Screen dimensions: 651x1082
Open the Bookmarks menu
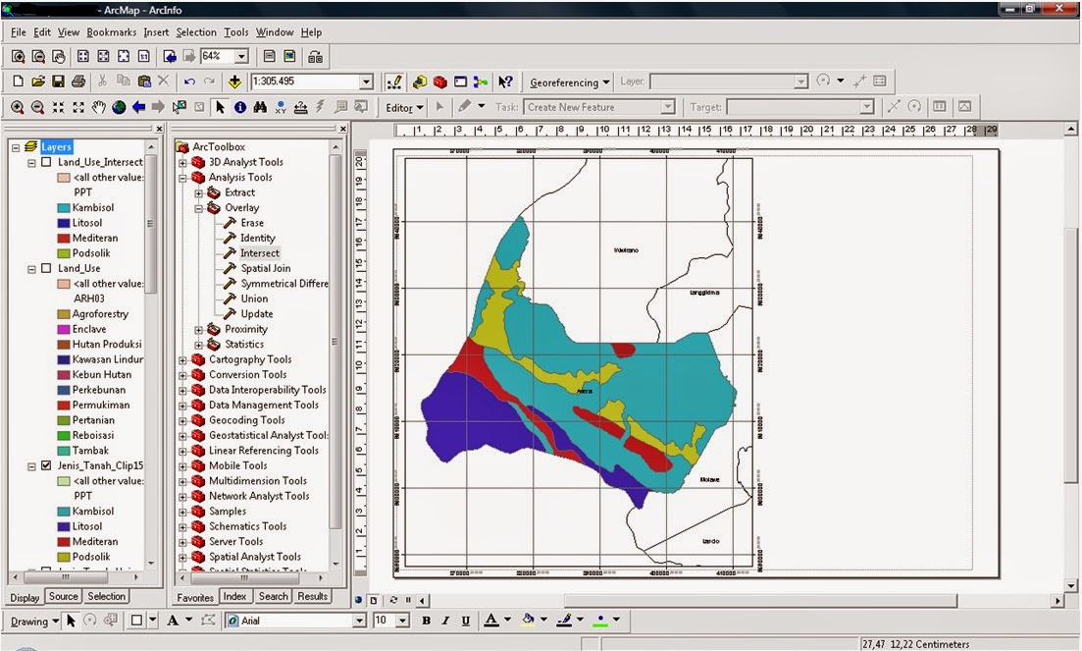point(111,32)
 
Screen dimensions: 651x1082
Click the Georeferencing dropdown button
point(570,82)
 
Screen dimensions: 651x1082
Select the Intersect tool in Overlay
point(259,253)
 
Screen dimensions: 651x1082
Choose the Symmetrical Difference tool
point(284,284)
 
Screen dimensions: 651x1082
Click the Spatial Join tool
point(265,268)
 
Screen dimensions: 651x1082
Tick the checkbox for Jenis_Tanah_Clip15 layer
point(45,466)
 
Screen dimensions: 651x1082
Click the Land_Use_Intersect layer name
point(100,162)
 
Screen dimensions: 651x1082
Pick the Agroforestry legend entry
point(100,314)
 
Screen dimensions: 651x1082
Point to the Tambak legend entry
point(90,451)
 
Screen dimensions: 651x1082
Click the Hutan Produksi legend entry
point(106,345)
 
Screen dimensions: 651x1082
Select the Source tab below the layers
point(63,596)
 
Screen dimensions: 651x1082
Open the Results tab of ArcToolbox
point(312,596)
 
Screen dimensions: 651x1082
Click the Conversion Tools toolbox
point(247,375)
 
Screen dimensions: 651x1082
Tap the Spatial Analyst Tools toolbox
point(254,557)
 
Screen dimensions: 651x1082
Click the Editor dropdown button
point(404,107)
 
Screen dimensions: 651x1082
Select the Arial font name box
point(294,621)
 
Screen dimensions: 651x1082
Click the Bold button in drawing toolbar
point(426,621)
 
